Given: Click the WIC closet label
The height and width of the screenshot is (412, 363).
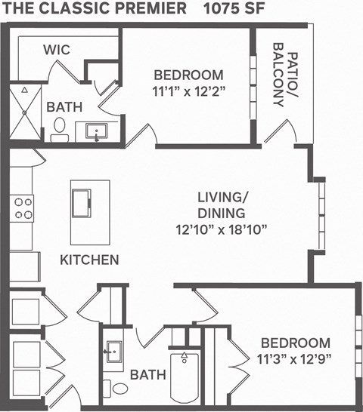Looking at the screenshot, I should coord(57,50).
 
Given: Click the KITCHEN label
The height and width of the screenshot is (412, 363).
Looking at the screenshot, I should coord(89,260).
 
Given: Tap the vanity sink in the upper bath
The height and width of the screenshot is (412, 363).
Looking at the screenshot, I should coord(96,133).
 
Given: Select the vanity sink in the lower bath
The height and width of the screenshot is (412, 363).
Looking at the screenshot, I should coord(115,352).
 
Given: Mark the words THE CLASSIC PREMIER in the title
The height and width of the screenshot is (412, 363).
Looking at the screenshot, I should coord(95,9).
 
